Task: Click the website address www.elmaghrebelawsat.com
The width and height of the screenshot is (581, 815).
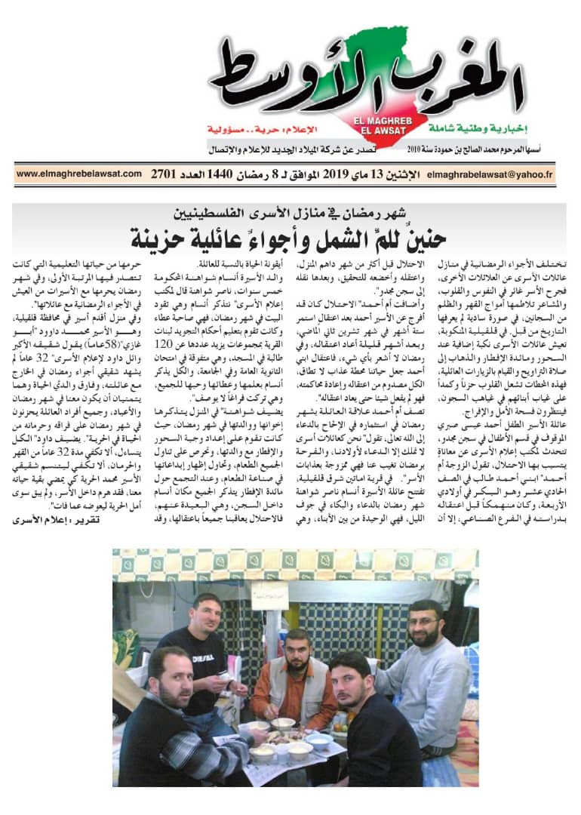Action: [x=78, y=174]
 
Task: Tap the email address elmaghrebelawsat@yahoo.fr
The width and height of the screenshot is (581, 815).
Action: [x=490, y=174]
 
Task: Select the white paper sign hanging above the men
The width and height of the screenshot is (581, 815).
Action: [x=269, y=595]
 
